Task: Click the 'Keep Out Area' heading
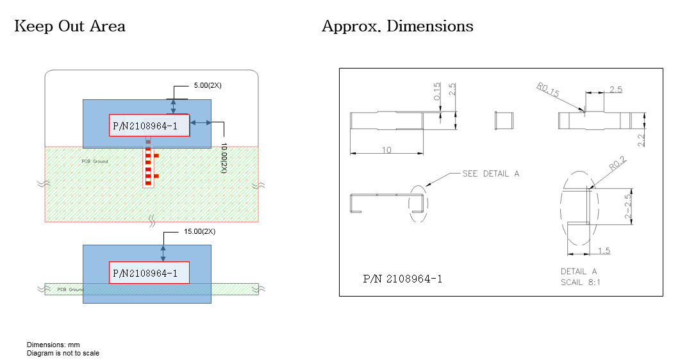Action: point(69,26)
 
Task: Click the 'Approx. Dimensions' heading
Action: point(397,26)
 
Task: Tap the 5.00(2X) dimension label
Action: point(208,85)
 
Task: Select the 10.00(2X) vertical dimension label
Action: point(224,157)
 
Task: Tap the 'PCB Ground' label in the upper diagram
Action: point(95,161)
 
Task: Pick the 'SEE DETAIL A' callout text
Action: point(491,174)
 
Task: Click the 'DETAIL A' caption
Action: point(579,271)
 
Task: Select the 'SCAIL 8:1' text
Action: point(581,282)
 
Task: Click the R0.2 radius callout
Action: point(617,165)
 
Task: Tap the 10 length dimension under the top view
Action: point(387,150)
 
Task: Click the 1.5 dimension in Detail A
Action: point(602,250)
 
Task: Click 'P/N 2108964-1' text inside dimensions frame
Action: point(402,279)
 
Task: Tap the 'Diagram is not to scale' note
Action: point(63,353)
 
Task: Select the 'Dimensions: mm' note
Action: point(53,345)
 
